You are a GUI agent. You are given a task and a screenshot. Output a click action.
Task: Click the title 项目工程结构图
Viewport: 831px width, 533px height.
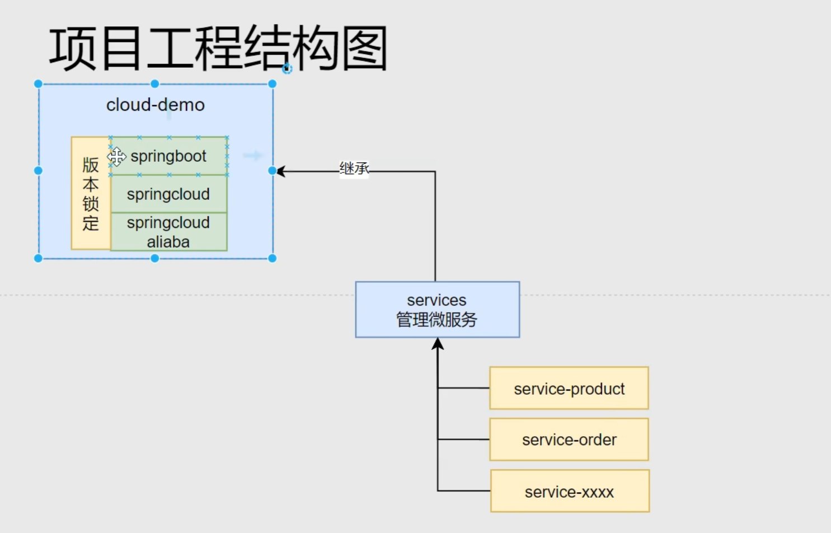218,49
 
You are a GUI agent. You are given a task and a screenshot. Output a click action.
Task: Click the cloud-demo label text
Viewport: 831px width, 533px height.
156,105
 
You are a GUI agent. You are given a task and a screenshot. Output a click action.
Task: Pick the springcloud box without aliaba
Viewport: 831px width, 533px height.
168,194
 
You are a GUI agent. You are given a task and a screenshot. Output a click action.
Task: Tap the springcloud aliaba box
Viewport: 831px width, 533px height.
168,232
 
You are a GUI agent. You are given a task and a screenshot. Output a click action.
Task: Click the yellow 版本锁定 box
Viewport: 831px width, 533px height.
91,193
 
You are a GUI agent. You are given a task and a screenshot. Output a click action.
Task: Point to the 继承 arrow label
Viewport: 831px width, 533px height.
354,168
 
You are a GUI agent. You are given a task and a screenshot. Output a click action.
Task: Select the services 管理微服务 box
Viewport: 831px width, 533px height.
437,310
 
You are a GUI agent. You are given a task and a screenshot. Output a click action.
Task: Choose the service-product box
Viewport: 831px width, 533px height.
569,389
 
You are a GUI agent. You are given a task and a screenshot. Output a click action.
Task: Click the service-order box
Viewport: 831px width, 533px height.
569,440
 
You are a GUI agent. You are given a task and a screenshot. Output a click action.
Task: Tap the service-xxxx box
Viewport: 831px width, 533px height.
570,491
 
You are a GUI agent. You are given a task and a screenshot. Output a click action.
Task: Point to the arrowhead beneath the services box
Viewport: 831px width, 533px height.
438,344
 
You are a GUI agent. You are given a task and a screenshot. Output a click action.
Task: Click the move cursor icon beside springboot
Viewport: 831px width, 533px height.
116,157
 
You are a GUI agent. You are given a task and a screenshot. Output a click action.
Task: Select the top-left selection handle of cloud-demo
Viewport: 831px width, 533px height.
38,84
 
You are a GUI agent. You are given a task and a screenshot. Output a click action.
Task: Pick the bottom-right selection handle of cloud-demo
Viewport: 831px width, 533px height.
273,258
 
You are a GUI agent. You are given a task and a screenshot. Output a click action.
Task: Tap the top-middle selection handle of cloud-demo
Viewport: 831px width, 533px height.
155,84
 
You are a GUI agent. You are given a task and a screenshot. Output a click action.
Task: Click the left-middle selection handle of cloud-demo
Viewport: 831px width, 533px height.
38,170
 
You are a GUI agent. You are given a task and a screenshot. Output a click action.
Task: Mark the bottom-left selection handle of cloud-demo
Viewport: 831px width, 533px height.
38,258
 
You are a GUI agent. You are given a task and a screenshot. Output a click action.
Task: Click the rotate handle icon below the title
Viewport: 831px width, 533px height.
287,69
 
